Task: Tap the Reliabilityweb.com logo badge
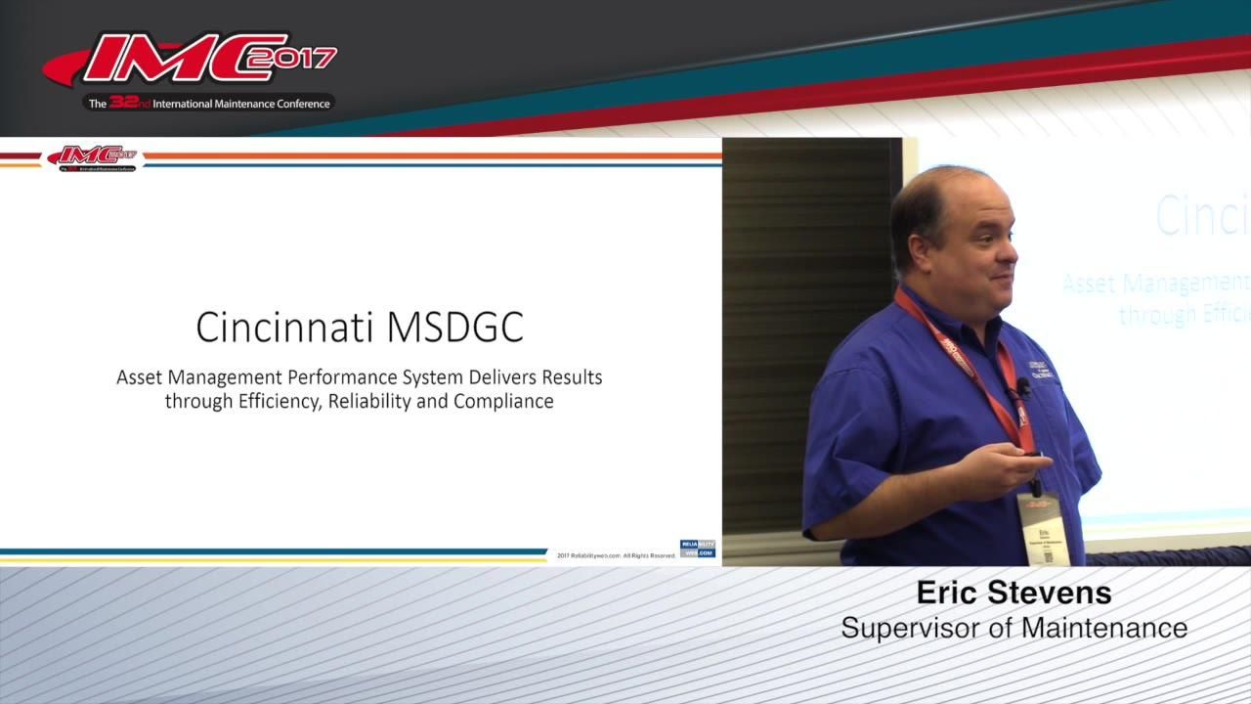[x=698, y=549]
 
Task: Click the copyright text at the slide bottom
[x=616, y=555]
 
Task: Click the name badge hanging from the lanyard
[x=1039, y=527]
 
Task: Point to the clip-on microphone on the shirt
[x=1023, y=387]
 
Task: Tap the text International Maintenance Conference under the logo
[x=241, y=104]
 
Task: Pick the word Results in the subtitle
[x=571, y=376]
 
